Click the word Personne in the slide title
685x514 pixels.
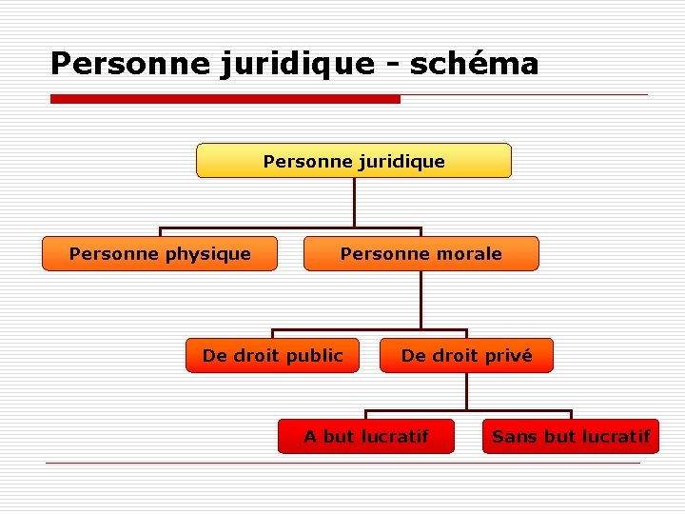click(117, 64)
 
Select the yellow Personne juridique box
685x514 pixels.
click(354, 161)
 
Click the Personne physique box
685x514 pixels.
click(160, 254)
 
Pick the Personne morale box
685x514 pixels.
click(421, 254)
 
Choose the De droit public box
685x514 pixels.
click(272, 356)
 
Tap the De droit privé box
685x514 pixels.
click(466, 356)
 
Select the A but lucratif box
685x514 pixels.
click(366, 437)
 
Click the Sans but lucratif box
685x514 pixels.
click(571, 437)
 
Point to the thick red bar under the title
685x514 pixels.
click(225, 99)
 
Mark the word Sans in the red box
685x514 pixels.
click(515, 437)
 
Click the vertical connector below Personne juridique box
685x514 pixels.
click(354, 202)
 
